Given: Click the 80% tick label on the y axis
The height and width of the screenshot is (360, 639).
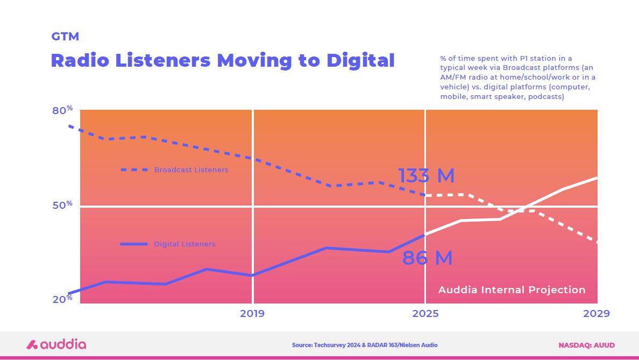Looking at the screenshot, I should click(x=62, y=110).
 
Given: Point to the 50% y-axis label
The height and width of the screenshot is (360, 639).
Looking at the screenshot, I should click(x=62, y=206).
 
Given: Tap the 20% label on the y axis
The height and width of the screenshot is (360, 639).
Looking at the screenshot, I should click(x=62, y=299).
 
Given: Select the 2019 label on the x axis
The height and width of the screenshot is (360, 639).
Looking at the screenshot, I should click(x=252, y=313).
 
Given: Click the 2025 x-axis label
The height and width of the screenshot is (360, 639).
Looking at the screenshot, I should click(x=425, y=313).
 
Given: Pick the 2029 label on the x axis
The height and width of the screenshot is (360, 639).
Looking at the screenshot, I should click(x=597, y=313).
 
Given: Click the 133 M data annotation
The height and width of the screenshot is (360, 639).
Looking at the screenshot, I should click(x=426, y=176).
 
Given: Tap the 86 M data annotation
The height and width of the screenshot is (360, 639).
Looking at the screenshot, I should click(x=427, y=258).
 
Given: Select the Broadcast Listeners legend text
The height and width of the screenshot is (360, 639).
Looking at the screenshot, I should click(x=191, y=170).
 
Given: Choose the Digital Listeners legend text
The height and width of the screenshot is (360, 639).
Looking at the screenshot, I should click(x=184, y=244).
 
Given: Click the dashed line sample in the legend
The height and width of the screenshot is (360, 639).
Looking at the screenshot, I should click(x=134, y=170).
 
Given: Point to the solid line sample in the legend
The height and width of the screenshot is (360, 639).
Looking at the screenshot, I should click(x=134, y=244).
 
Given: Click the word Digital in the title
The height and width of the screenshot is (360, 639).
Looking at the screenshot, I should click(x=360, y=60).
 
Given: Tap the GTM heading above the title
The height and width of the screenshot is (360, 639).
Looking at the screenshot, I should click(x=65, y=37).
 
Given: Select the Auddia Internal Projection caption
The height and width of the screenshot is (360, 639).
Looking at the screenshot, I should click(x=512, y=290).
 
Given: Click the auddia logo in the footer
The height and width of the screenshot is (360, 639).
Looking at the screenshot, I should click(x=56, y=344).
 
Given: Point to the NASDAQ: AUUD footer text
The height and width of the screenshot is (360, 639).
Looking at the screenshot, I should click(x=586, y=345).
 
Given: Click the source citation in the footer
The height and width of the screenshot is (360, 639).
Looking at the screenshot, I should click(x=365, y=345).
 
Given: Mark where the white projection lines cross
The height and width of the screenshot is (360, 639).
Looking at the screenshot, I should click(x=519, y=210).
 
